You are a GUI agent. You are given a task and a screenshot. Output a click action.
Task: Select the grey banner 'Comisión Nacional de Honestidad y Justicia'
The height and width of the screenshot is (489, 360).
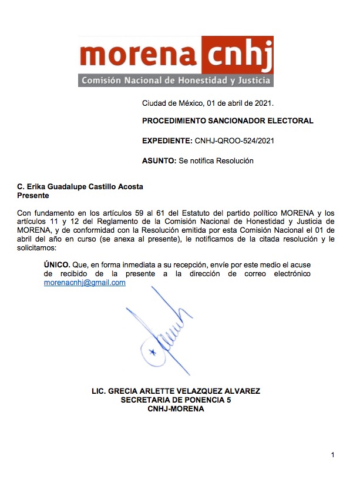176,80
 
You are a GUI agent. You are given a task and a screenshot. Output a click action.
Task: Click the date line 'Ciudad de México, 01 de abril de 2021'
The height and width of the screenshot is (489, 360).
207,103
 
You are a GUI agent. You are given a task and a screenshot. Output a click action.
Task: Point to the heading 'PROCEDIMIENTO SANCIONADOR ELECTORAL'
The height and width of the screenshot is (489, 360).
228,121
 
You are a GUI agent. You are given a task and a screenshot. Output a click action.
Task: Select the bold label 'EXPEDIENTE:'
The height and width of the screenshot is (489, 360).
167,141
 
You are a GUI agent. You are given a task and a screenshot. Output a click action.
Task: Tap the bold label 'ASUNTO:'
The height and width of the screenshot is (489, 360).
159,160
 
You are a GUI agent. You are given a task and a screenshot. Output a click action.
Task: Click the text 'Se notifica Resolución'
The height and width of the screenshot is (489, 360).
216,160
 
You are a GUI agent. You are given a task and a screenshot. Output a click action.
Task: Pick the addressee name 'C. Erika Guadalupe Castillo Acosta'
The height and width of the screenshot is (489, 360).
80,187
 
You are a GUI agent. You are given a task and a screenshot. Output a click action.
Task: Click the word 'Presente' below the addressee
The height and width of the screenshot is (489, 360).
33,195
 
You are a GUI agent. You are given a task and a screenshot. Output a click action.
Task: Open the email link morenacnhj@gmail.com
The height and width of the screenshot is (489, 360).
85,283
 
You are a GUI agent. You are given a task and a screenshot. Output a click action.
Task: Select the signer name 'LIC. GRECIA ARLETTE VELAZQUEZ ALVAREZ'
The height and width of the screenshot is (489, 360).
176,391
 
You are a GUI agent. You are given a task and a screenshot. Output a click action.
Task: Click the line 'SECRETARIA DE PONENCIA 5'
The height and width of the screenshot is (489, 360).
176,400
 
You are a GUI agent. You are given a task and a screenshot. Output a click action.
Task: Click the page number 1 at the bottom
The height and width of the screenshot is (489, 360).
332,455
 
